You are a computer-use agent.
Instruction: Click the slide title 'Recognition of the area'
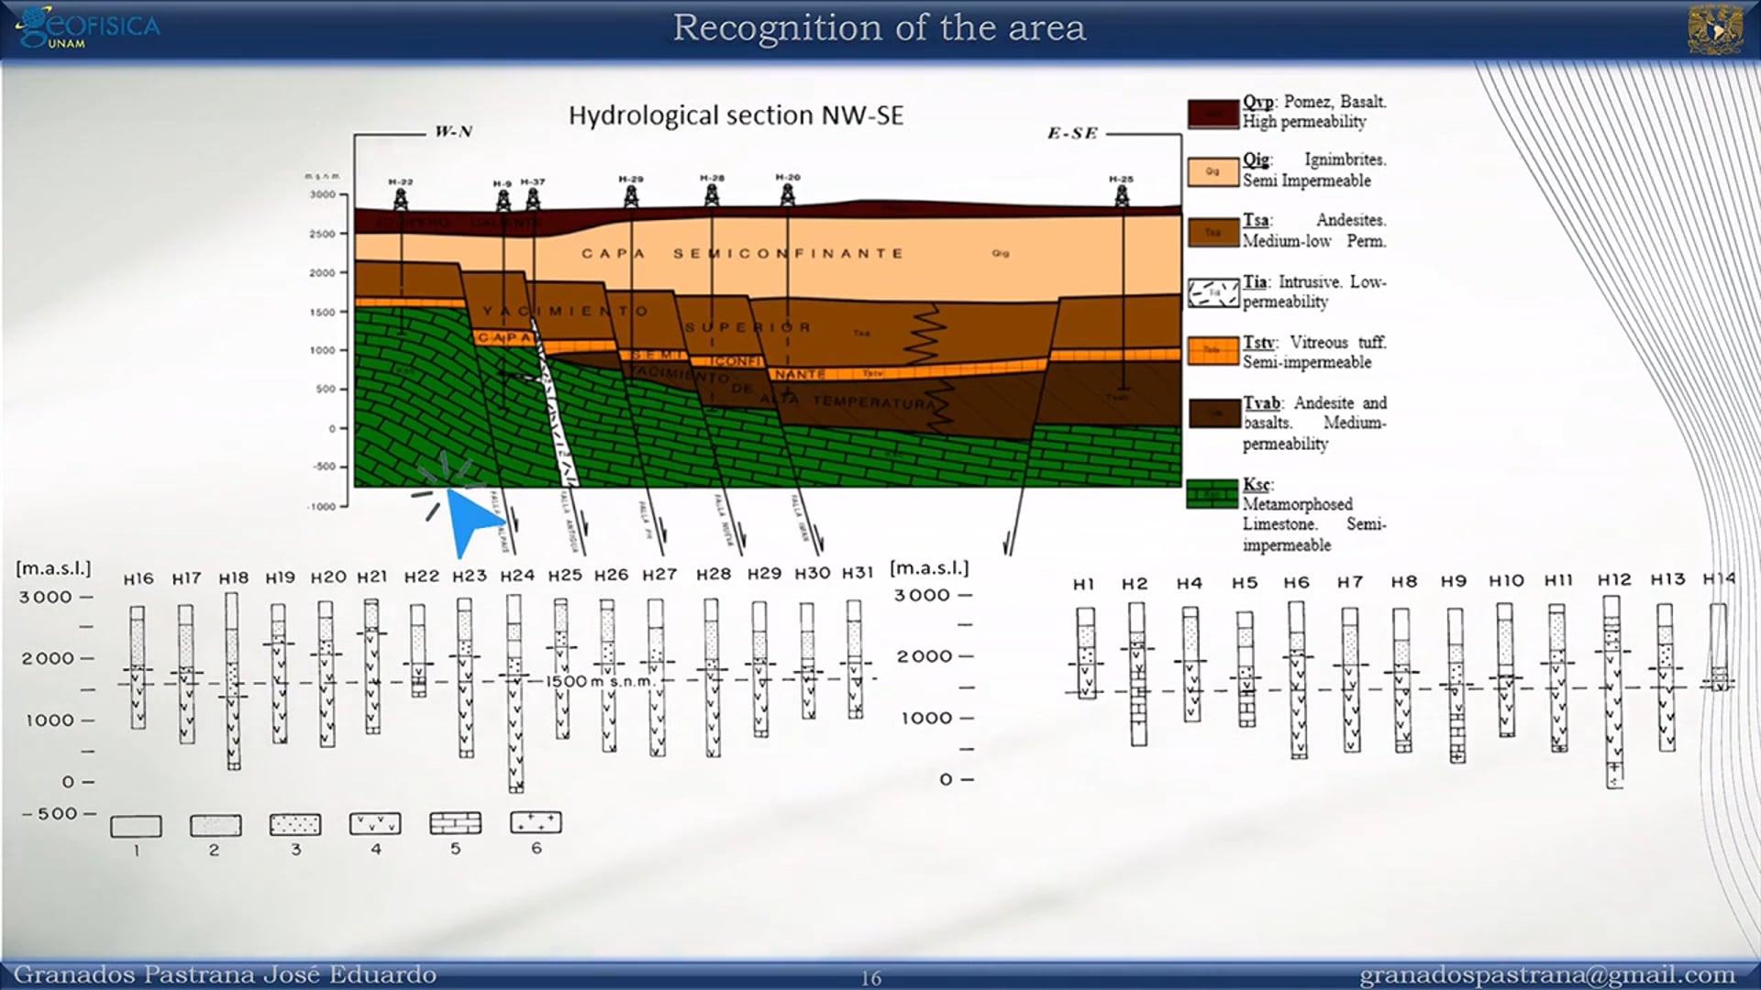point(879,27)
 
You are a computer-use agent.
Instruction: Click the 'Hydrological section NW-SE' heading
point(736,115)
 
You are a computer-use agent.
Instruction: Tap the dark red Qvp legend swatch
point(1213,114)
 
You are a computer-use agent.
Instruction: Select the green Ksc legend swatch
point(1213,494)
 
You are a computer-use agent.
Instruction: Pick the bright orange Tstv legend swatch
point(1213,350)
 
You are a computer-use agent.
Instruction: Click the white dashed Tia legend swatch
point(1213,292)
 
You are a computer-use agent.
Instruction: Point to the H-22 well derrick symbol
point(401,197)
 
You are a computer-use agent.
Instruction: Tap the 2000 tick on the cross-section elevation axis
point(322,273)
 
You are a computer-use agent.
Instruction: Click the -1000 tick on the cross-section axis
point(322,506)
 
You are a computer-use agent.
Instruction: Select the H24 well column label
point(517,576)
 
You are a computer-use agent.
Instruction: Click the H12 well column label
point(1614,580)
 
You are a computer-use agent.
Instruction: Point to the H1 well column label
point(1083,584)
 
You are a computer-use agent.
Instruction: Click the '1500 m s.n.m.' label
point(601,681)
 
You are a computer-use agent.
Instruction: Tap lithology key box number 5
point(455,823)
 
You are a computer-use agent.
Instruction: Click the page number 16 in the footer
point(870,978)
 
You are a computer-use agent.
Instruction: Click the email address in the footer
point(1546,974)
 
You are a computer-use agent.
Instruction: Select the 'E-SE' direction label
point(1072,134)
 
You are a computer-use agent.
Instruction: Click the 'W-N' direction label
point(453,132)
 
